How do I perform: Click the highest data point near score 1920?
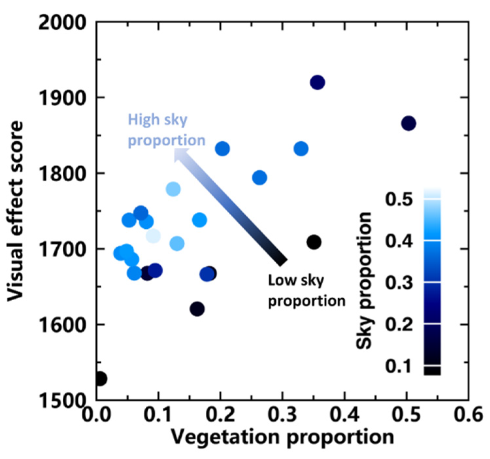tap(317, 82)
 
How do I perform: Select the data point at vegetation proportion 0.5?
tap(408, 123)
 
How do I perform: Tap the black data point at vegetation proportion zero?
tap(100, 379)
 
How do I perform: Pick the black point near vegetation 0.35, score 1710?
tap(314, 242)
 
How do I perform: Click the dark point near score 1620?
tap(197, 309)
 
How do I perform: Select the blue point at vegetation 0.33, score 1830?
tap(301, 149)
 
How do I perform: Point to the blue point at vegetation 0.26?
tap(259, 178)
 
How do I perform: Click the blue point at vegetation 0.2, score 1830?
tap(222, 149)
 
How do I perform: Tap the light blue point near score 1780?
tap(173, 189)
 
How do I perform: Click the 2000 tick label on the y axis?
tap(62, 24)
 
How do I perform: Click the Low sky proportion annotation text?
tap(306, 290)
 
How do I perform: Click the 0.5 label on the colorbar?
tap(399, 199)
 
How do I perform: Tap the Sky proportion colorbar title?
tap(364, 281)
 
